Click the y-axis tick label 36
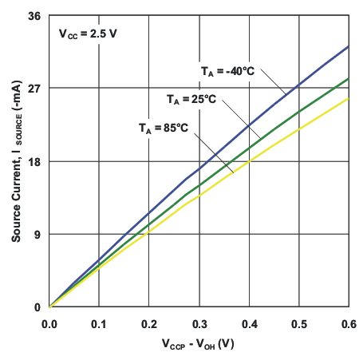coord(34,15)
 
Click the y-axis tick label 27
coord(34,88)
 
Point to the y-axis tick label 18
coord(34,161)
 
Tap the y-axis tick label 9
coord(37,234)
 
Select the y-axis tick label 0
coord(37,307)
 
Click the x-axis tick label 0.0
coord(49,324)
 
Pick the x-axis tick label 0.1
coord(99,324)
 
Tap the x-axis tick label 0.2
coord(149,324)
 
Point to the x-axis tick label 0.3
coord(199,324)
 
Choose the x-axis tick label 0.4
coord(249,324)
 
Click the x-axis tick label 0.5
coord(298,324)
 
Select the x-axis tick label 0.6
coord(348,324)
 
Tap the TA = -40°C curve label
coord(227,71)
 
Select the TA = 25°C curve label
coord(191,100)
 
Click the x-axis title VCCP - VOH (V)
coord(199,345)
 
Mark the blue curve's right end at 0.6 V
coord(349,46)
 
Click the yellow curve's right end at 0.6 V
coord(349,98)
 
